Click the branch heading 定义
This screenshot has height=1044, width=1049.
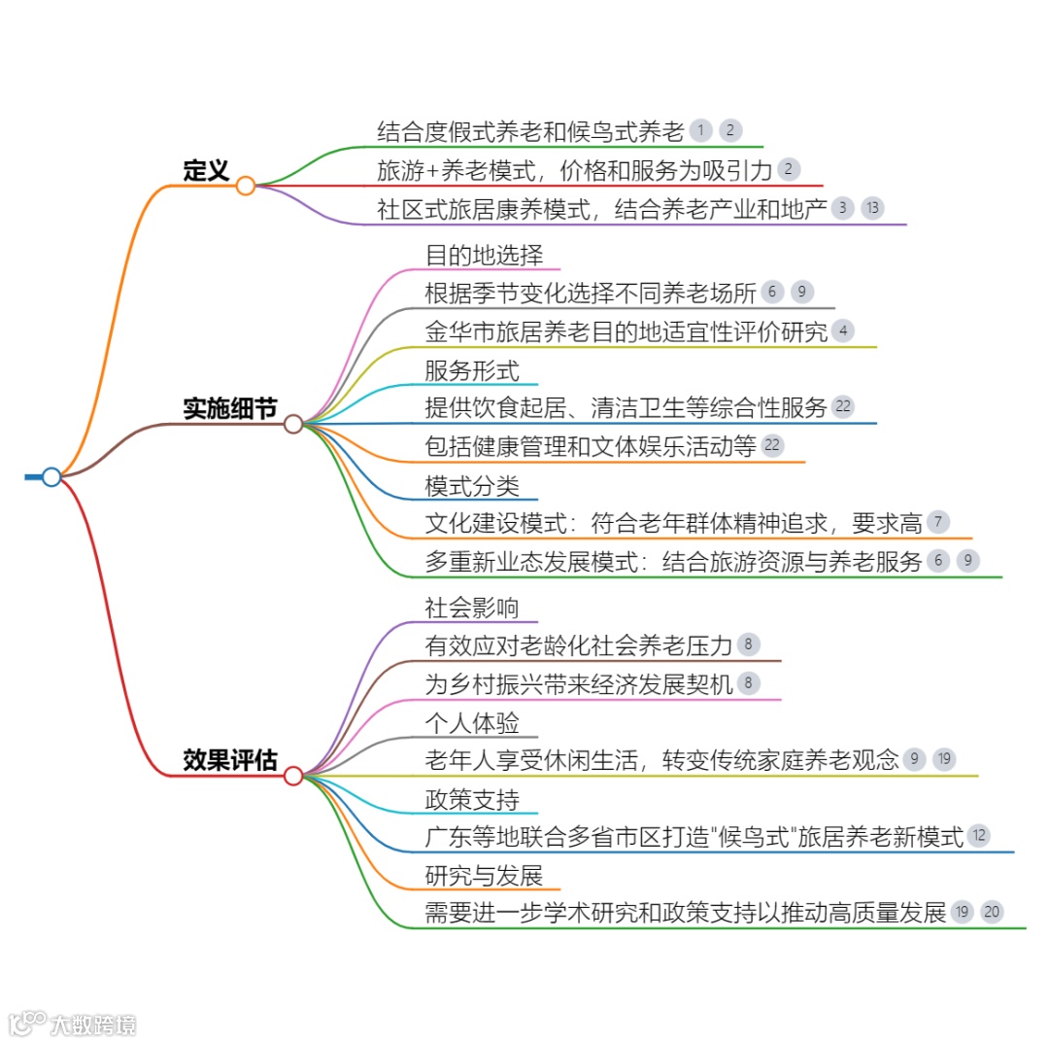point(206,171)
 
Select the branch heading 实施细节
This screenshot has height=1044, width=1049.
point(229,409)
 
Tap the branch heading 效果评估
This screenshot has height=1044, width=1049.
point(229,761)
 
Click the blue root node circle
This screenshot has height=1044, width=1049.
point(51,476)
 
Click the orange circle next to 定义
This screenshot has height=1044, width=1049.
point(246,185)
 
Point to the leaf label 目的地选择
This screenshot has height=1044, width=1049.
point(484,256)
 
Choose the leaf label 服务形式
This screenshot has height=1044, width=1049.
point(472,370)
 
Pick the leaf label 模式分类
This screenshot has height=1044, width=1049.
point(472,485)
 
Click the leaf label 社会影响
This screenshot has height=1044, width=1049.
point(472,608)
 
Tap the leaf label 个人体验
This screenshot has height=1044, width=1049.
point(472,723)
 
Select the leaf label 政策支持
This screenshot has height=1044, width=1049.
point(472,799)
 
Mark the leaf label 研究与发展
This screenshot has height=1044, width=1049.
point(484,875)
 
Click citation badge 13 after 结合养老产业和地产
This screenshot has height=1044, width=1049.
point(872,207)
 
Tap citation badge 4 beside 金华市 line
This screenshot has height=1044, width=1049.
point(843,331)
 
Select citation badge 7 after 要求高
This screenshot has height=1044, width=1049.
point(937,522)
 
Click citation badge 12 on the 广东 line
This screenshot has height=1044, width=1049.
point(979,835)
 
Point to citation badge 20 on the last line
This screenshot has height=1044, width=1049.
point(991,912)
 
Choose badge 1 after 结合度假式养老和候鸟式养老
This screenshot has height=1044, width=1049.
point(700,130)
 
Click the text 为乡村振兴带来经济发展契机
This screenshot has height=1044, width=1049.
point(579,683)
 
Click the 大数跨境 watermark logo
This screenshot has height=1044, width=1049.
point(73,1024)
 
